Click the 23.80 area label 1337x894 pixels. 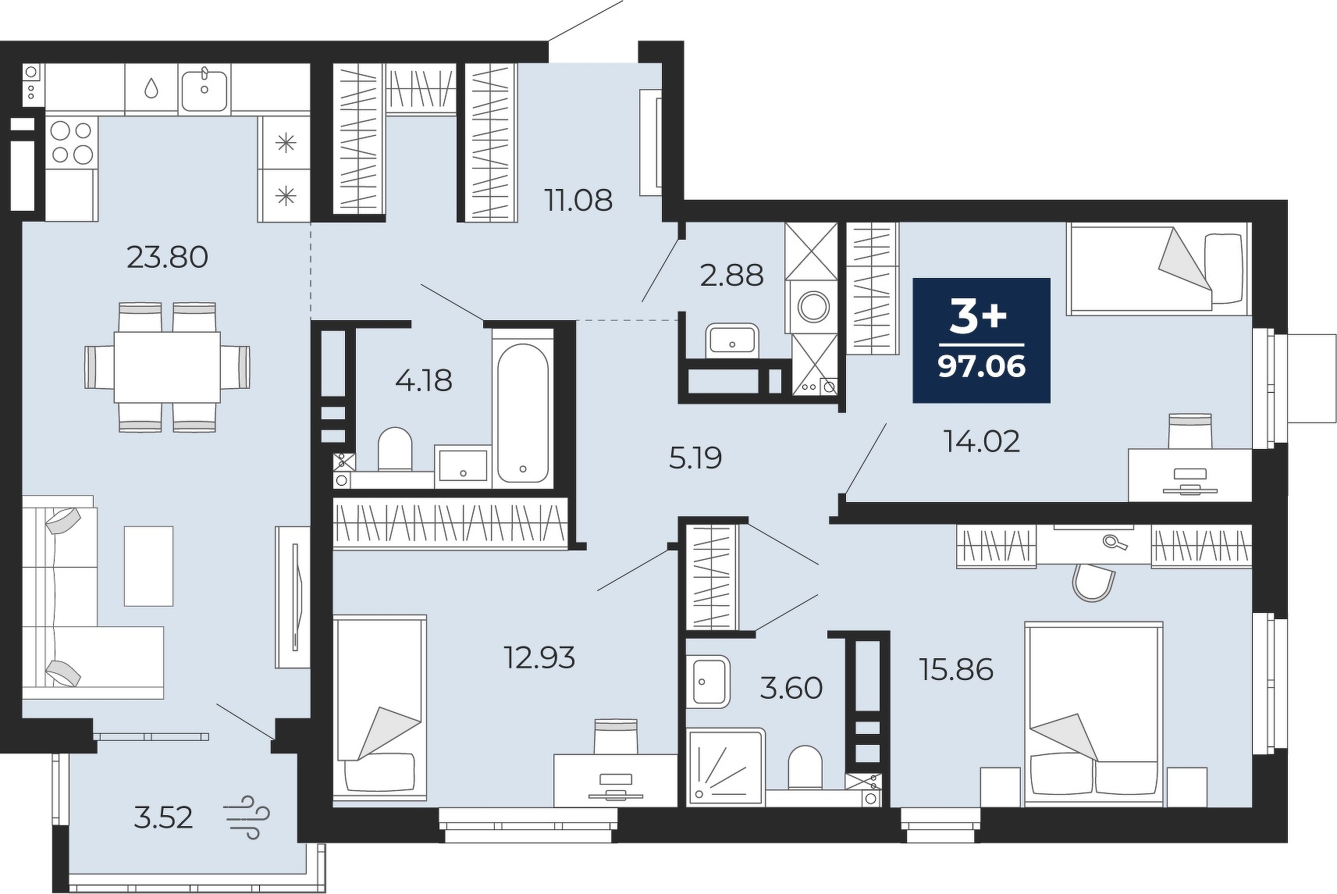(x=168, y=258)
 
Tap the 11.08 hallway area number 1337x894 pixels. (x=578, y=201)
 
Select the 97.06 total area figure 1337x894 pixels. (x=982, y=366)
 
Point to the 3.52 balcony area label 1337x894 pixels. (x=163, y=817)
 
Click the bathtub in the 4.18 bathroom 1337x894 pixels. (x=523, y=413)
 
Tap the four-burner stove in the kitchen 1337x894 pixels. (x=72, y=142)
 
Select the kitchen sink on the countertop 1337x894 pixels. (x=204, y=88)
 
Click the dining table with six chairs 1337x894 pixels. (x=167, y=367)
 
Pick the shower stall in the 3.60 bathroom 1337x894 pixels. (x=726, y=766)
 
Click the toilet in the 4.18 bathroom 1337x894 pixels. (x=395, y=448)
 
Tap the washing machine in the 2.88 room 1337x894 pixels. (x=813, y=307)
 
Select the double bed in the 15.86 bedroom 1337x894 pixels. (x=1093, y=713)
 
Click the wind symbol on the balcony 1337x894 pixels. (x=247, y=817)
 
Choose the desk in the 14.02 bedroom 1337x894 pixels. (x=1189, y=475)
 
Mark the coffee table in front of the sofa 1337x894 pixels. (x=148, y=566)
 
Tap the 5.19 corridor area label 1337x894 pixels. (x=695, y=458)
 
